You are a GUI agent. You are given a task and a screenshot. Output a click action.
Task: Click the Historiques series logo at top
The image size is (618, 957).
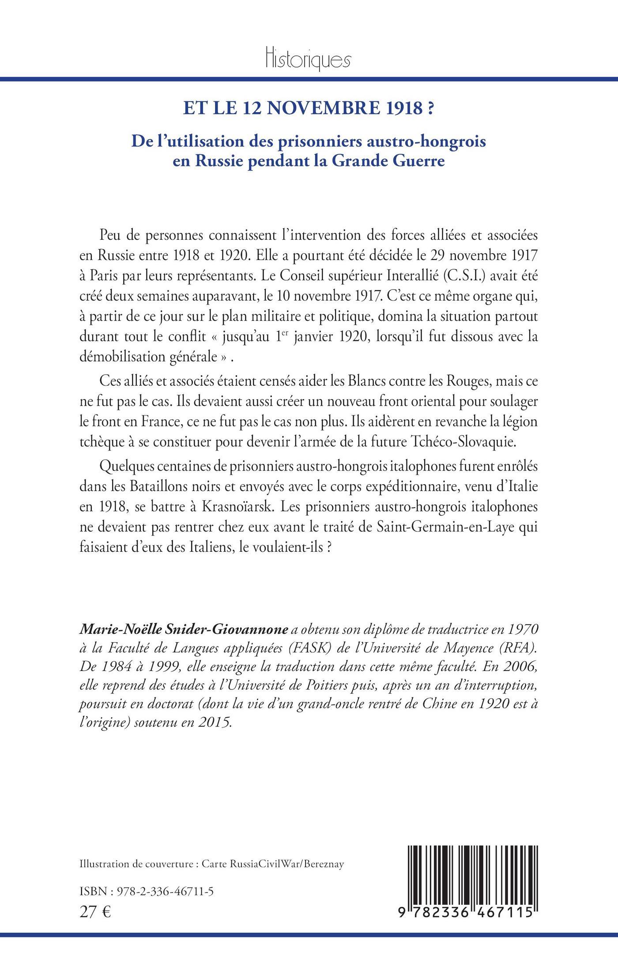pyautogui.click(x=309, y=59)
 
